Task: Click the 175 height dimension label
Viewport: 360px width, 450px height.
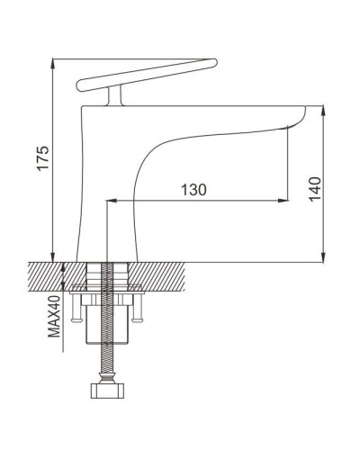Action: (x=40, y=158)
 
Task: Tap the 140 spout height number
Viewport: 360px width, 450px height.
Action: (x=313, y=190)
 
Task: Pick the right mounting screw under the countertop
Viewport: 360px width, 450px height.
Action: (x=139, y=314)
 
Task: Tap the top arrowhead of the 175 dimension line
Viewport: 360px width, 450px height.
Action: (x=54, y=64)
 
